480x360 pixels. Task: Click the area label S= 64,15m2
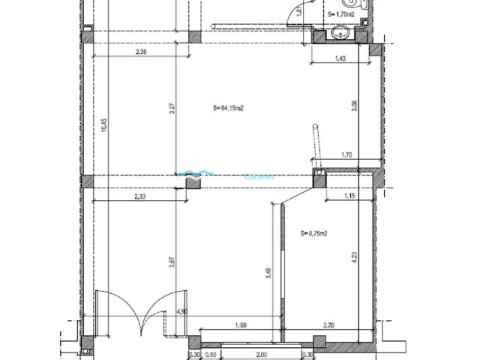click(229, 108)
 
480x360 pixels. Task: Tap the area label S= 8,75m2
click(313, 233)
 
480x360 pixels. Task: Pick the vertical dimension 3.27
click(172, 107)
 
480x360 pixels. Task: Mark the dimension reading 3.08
click(355, 106)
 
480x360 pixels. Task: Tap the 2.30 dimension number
click(139, 196)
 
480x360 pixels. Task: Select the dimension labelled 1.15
click(348, 196)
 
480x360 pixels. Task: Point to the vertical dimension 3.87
click(172, 263)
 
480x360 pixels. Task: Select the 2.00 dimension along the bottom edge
click(260, 355)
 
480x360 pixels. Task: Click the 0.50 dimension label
click(211, 355)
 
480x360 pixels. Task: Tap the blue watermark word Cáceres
click(260, 178)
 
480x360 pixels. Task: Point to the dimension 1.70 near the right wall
click(346, 155)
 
